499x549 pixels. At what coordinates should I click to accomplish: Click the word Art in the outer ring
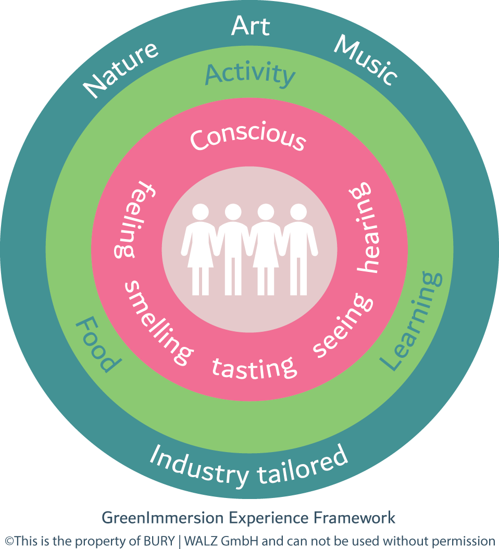pyautogui.click(x=251, y=26)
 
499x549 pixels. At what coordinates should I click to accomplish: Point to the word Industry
pyautogui.click(x=198, y=466)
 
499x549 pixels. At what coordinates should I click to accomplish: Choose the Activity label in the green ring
pyautogui.click(x=250, y=74)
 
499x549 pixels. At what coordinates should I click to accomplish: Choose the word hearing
pyautogui.click(x=365, y=227)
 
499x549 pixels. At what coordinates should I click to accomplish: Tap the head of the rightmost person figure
pyautogui.click(x=298, y=213)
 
